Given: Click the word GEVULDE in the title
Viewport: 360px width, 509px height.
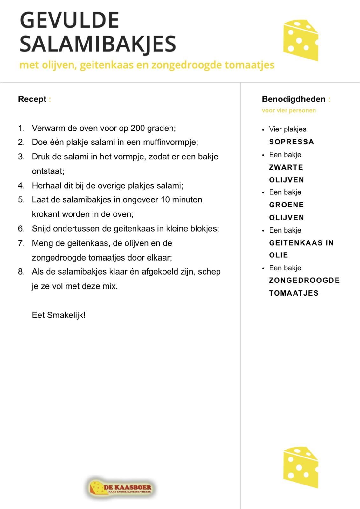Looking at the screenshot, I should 69,20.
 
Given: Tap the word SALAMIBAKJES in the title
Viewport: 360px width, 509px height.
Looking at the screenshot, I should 98,44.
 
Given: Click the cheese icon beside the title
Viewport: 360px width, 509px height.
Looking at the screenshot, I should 301,40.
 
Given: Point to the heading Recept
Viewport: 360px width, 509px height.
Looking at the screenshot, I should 32,99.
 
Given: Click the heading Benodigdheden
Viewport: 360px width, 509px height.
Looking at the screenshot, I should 294,99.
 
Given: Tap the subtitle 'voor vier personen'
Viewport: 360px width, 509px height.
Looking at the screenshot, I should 289,110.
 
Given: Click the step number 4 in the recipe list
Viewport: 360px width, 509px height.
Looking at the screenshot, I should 21,185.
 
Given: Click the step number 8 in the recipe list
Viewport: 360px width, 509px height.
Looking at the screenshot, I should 21,272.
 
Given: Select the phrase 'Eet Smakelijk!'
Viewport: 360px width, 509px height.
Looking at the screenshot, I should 59,315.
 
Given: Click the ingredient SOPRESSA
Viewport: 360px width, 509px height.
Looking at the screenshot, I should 291,142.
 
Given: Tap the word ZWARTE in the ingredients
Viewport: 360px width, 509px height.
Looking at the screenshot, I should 286,167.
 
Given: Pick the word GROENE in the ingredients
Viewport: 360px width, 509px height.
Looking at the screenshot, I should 286,205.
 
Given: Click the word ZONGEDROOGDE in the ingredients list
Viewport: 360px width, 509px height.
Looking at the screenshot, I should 304,280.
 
